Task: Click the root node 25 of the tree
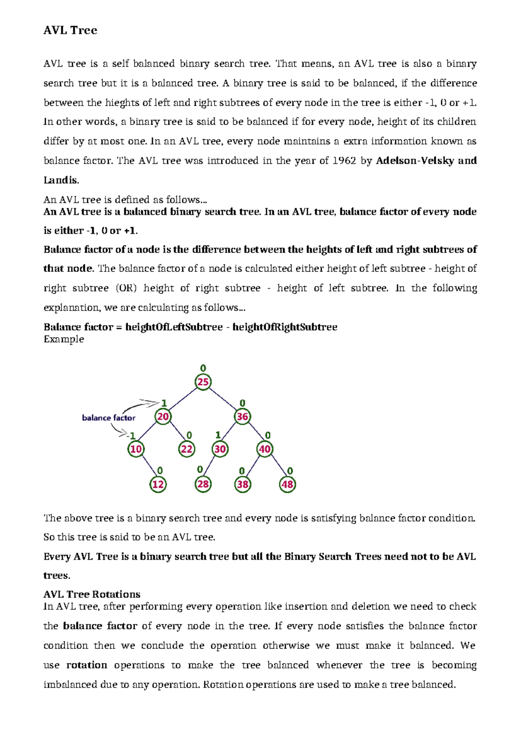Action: pyautogui.click(x=203, y=382)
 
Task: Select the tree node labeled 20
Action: pyautogui.click(x=163, y=417)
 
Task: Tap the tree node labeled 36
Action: pyautogui.click(x=242, y=417)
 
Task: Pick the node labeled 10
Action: pyautogui.click(x=136, y=449)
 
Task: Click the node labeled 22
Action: pyautogui.click(x=187, y=449)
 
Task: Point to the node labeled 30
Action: pyautogui.click(x=220, y=449)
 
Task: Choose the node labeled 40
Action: pyautogui.click(x=265, y=449)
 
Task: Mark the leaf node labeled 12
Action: pyautogui.click(x=158, y=484)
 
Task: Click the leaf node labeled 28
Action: pyautogui.click(x=203, y=484)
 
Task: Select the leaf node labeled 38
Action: pyautogui.click(x=243, y=484)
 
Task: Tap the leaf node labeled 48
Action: pyautogui.click(x=287, y=484)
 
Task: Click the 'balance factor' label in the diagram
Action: pyautogui.click(x=109, y=418)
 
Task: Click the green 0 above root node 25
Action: pyautogui.click(x=203, y=368)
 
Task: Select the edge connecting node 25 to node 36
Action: pyautogui.click(x=223, y=399)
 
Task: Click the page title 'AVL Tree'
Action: pyautogui.click(x=70, y=30)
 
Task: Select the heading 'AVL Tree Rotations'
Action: pyautogui.click(x=92, y=594)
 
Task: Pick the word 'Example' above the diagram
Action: pyautogui.click(x=64, y=339)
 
